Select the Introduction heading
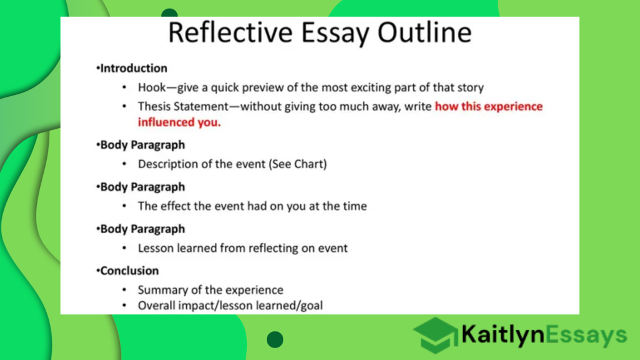[x=134, y=68]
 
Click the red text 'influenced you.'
[x=179, y=122]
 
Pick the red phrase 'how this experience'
[x=489, y=106]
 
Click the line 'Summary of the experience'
[x=210, y=290]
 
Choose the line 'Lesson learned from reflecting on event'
[x=242, y=248]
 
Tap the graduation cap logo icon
[x=435, y=335]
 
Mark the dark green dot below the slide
[x=275, y=340]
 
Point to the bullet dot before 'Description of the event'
[x=125, y=164]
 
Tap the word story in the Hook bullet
[x=469, y=87]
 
